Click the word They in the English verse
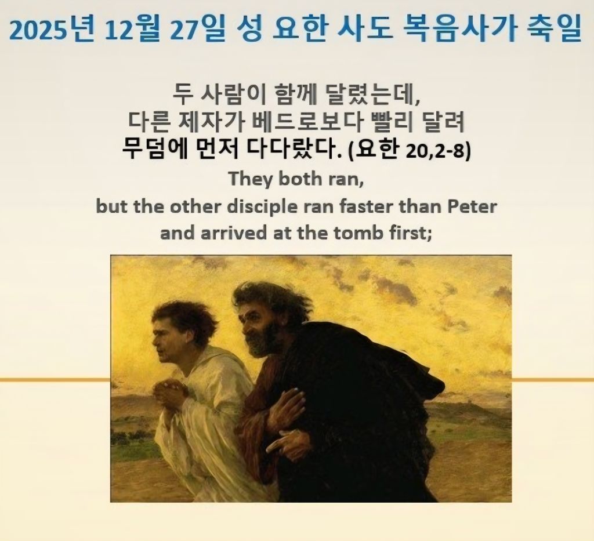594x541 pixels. tap(251, 179)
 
